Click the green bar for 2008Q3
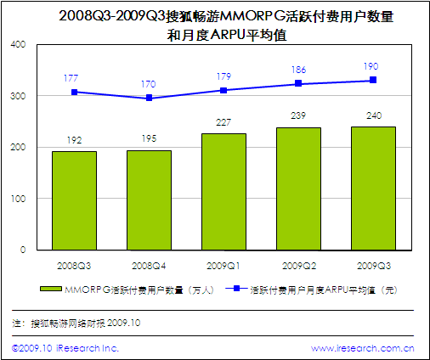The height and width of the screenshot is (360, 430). click(x=74, y=200)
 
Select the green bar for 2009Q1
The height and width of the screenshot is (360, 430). click(x=223, y=191)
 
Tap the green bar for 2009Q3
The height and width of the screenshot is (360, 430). click(x=373, y=188)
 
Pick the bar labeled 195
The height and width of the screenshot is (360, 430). click(x=149, y=200)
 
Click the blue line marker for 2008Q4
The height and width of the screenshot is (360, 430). click(x=150, y=98)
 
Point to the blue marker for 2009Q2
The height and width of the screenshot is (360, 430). click(x=298, y=83)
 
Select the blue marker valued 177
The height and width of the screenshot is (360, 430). click(x=75, y=92)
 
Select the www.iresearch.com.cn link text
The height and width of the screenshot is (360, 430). click(x=363, y=348)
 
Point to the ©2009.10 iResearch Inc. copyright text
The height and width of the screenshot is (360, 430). click(x=65, y=348)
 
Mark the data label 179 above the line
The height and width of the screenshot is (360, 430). click(x=223, y=76)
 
